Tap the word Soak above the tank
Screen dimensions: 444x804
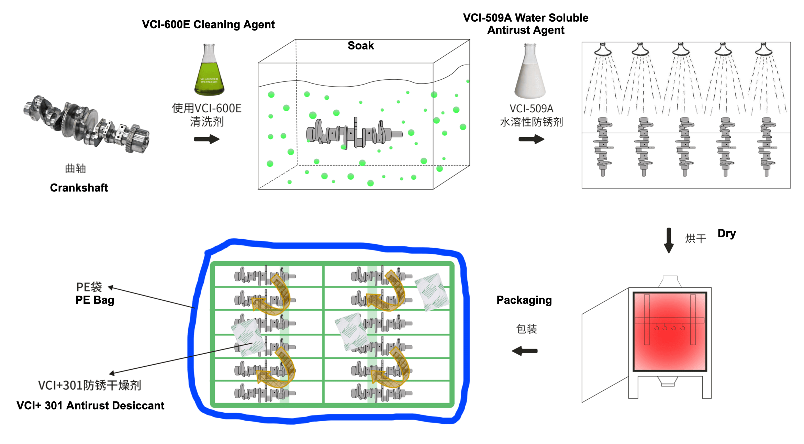[x=360, y=46]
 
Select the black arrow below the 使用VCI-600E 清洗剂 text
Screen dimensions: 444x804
[x=206, y=139]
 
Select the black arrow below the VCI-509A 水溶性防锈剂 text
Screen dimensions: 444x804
[x=531, y=139]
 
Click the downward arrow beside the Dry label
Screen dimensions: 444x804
[x=669, y=240]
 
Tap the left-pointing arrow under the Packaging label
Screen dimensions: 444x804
[x=525, y=351]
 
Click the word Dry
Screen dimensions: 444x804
[x=726, y=234]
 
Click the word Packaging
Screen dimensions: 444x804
[x=524, y=300]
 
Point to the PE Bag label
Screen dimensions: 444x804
[x=94, y=300]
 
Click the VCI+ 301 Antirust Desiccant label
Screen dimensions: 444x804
[x=90, y=406]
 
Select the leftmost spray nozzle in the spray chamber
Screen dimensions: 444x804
[x=603, y=50]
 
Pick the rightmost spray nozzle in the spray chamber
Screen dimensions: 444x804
[x=763, y=50]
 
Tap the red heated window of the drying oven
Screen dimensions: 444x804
[x=670, y=331]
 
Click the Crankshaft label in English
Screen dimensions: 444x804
[x=79, y=188]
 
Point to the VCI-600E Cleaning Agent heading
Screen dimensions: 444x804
[x=208, y=24]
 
